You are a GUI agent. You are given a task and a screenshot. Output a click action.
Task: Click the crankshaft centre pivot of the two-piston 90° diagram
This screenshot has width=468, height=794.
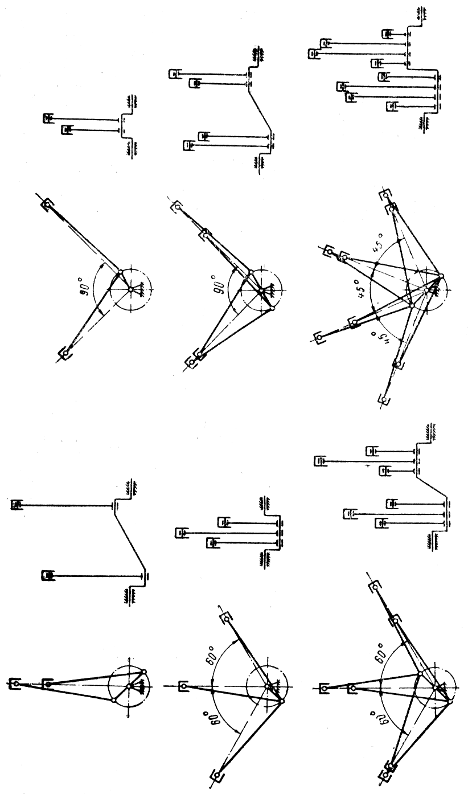[x=131, y=290]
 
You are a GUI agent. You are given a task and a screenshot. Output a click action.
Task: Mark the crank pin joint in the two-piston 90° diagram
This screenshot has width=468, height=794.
[x=120, y=272]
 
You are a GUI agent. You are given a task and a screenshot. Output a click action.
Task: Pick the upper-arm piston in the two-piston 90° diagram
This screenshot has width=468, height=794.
[x=47, y=204]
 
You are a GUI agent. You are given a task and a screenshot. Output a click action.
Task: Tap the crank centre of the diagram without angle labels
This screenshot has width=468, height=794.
[x=129, y=686]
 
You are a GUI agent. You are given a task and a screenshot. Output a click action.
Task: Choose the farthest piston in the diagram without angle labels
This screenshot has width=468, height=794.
[x=14, y=683]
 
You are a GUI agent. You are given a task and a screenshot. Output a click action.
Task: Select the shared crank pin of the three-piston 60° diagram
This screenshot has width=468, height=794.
[x=282, y=701]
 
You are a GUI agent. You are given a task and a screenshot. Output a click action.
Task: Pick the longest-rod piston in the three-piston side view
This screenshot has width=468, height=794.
[x=180, y=533]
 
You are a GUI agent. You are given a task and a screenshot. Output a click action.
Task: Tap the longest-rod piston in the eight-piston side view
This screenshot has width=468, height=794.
[x=313, y=54]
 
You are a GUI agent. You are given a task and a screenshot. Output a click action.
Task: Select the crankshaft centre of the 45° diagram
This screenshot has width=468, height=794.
[x=426, y=290]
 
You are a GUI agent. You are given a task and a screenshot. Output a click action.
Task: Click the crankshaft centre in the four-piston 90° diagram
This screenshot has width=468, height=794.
[x=261, y=290]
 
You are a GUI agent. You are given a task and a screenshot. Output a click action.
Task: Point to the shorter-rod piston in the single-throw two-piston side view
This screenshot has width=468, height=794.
[x=67, y=130]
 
